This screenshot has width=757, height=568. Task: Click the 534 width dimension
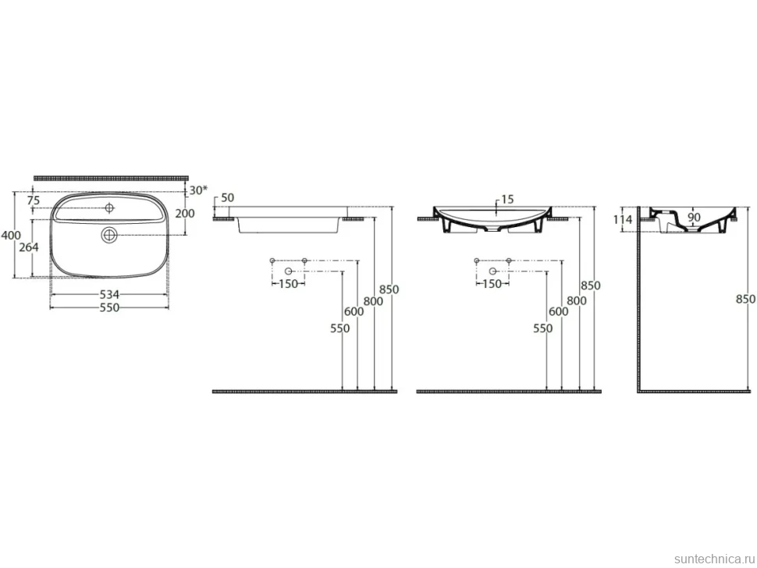point(109,294)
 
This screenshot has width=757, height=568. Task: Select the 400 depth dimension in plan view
point(11,236)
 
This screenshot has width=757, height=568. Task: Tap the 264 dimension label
point(28,247)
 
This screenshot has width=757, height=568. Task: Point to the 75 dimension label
point(34,201)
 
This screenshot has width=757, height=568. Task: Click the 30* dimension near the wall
point(198,190)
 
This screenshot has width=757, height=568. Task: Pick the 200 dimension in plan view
point(184,213)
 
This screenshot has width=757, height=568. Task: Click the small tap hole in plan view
point(109,208)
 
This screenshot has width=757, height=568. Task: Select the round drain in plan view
point(109,235)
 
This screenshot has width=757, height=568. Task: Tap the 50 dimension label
point(227,198)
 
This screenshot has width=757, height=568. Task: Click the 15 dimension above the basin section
point(507,199)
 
